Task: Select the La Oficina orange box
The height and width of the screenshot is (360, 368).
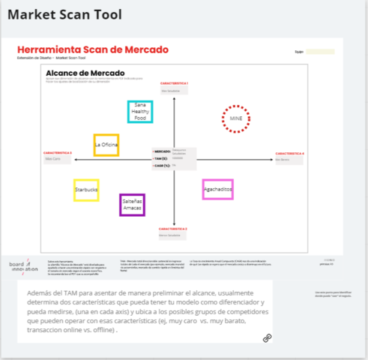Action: click(106, 144)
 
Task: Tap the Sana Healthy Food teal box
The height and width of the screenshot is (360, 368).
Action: click(139, 110)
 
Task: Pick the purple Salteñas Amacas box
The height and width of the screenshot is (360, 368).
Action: click(132, 205)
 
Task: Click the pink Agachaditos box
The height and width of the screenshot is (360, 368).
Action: click(217, 190)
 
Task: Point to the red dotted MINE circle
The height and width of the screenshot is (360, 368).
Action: click(235, 118)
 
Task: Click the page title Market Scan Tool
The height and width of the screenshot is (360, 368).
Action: click(64, 15)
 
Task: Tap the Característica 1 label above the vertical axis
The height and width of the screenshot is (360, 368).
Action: click(174, 82)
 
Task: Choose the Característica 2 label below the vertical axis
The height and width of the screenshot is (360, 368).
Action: click(174, 228)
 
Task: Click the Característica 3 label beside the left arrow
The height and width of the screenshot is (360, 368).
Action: click(58, 152)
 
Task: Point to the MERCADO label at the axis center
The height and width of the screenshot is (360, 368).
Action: click(162, 151)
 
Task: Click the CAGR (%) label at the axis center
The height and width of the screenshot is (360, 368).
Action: click(162, 165)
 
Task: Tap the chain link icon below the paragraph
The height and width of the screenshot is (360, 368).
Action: click(267, 338)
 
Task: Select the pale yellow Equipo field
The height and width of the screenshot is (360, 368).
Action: click(320, 52)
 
